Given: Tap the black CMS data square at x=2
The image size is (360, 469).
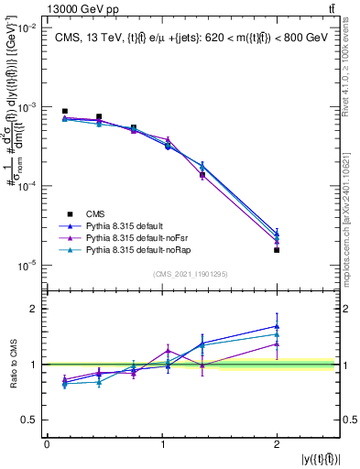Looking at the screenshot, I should click(277, 250).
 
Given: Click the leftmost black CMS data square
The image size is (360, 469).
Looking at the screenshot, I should click(64, 112).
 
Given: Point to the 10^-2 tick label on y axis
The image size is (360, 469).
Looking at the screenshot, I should click(29, 28).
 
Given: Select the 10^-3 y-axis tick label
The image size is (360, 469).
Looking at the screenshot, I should click(29, 107).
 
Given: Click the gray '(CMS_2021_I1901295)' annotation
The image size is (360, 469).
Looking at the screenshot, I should click(191, 273).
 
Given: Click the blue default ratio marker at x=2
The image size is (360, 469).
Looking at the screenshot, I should click(277, 326).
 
